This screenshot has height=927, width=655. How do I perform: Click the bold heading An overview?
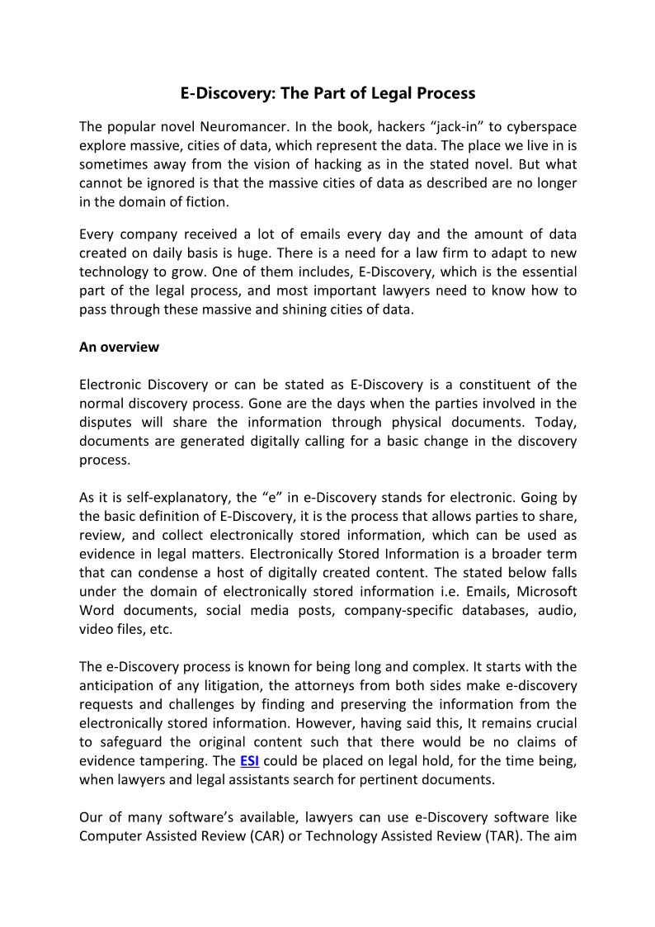(x=119, y=347)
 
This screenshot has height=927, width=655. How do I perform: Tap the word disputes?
(x=107, y=422)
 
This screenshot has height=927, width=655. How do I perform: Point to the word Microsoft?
(x=545, y=592)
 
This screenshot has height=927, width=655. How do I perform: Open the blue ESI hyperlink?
(x=249, y=759)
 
